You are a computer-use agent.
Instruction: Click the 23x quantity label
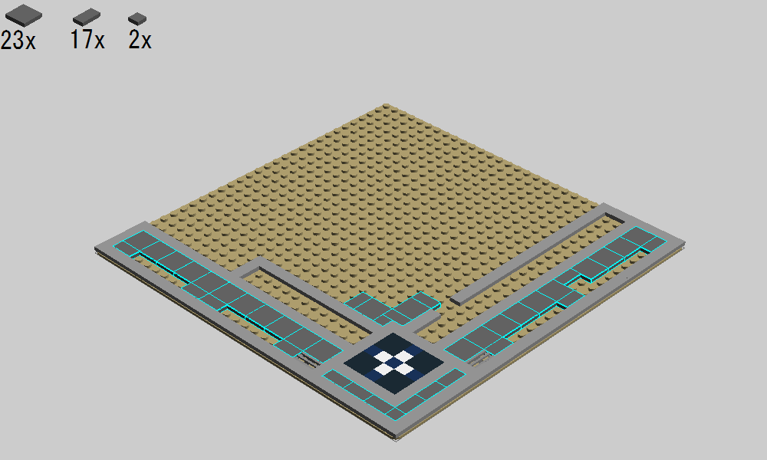(18, 40)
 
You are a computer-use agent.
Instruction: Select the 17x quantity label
(87, 40)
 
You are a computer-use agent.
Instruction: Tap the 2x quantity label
(140, 40)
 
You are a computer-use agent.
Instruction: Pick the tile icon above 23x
(24, 15)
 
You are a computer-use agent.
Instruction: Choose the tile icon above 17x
(87, 17)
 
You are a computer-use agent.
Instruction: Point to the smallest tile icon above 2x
(137, 18)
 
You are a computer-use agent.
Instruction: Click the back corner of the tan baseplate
(387, 104)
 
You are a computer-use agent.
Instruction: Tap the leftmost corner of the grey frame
(95, 249)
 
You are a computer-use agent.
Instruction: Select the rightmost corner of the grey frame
(684, 242)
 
